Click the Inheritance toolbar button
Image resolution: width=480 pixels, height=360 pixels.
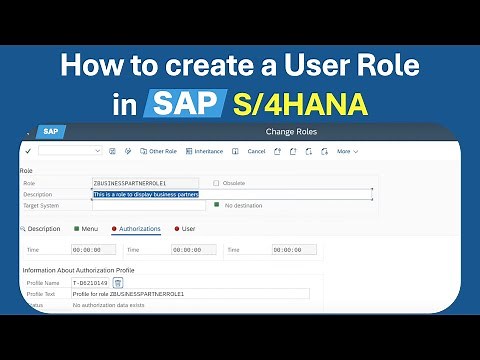(204, 151)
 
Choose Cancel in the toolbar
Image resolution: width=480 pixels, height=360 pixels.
(256, 151)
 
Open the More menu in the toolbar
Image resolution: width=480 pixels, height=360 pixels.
(346, 151)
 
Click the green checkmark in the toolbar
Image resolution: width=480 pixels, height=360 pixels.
(28, 151)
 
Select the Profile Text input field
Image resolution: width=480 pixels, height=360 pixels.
(190, 294)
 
